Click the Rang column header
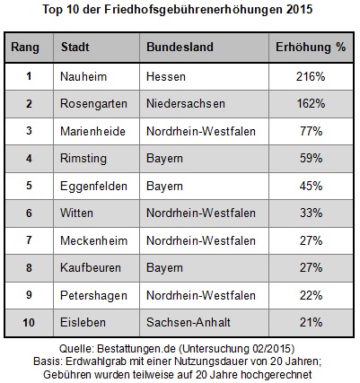[x=25, y=48]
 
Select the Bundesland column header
[x=180, y=47]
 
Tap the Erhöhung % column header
[x=311, y=47]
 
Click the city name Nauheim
[x=83, y=76]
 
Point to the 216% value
[x=311, y=76]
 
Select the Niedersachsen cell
[x=186, y=104]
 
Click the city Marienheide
[x=92, y=131]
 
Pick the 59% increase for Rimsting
[x=312, y=158]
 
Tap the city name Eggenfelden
[x=93, y=186]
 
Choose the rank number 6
[x=29, y=213]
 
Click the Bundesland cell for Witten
[x=201, y=213]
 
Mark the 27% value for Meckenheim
[x=312, y=240]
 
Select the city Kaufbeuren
[x=91, y=267]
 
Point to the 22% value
[x=312, y=295]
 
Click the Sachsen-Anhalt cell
[x=189, y=322]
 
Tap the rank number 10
[x=29, y=323]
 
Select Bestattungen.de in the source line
[x=136, y=349]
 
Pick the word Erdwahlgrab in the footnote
[x=96, y=361]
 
